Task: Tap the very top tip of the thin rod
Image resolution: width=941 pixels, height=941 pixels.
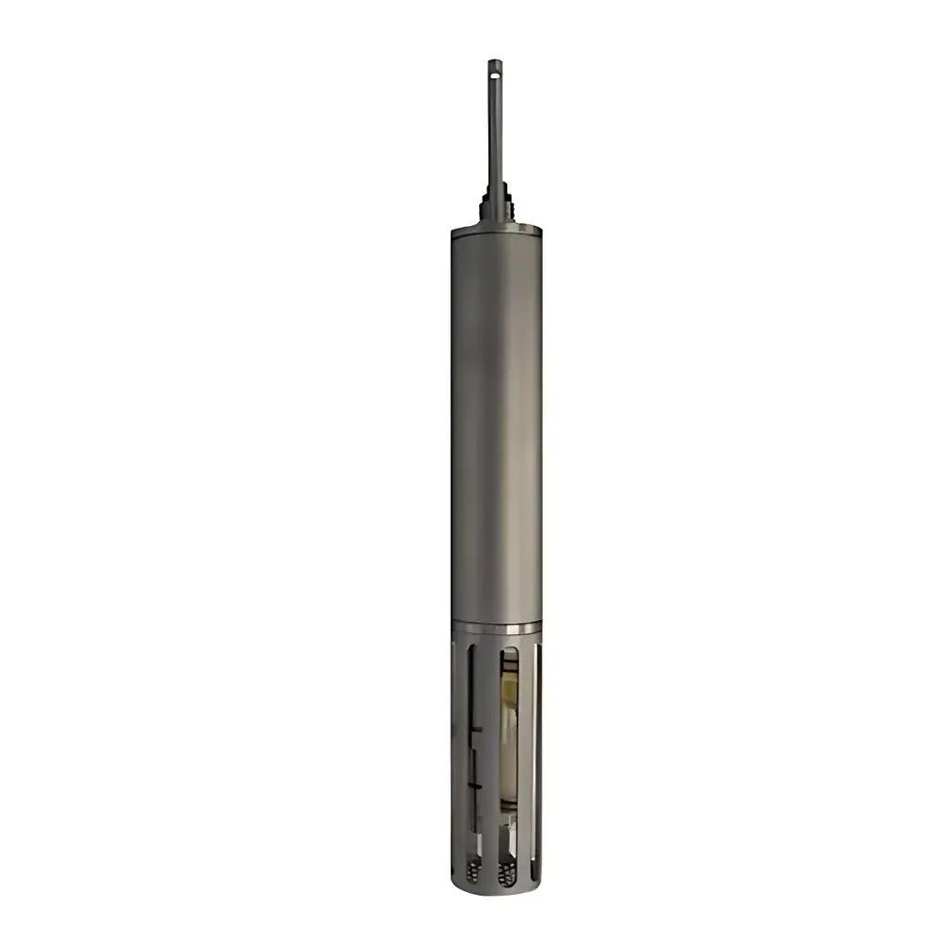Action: click(495, 60)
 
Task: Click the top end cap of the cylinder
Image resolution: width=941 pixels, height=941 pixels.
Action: click(496, 229)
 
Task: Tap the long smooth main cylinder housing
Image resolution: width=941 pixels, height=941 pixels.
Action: click(496, 423)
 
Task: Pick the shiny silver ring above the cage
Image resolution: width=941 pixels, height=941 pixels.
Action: click(496, 628)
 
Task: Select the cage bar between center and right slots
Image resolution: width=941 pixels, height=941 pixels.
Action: click(525, 753)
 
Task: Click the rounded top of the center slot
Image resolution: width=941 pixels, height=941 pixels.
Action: click(509, 649)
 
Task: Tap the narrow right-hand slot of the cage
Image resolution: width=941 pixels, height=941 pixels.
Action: click(536, 753)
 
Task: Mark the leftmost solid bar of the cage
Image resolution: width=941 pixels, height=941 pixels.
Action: click(458, 753)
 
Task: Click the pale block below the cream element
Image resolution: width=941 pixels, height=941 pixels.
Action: click(509, 828)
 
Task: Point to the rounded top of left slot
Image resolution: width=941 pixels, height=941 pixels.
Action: click(471, 648)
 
